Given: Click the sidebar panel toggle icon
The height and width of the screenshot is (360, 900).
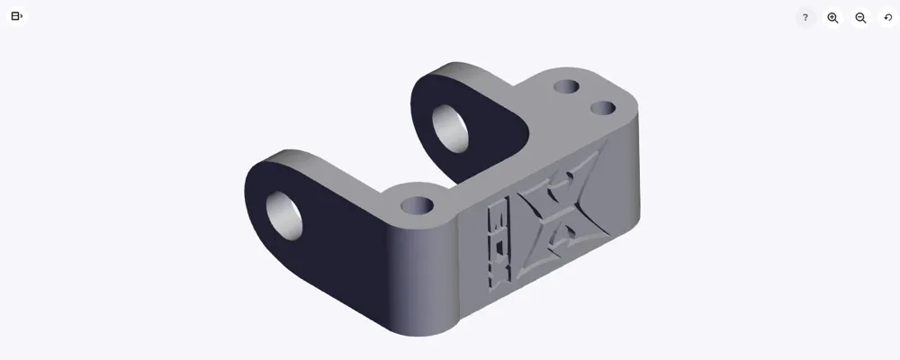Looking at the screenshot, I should click(16, 16).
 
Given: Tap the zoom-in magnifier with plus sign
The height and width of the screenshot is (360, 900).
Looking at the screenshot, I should click(832, 18).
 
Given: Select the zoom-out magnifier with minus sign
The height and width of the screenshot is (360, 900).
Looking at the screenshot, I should click(860, 18).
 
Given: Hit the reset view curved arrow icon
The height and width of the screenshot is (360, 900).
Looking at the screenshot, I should click(888, 18).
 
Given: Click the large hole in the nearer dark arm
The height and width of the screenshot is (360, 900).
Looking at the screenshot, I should click(287, 216).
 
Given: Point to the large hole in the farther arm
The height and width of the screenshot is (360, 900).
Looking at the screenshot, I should click(451, 127).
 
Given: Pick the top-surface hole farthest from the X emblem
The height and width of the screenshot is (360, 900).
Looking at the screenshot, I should click(566, 87).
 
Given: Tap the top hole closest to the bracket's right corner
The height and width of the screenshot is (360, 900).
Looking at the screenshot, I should click(603, 109).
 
